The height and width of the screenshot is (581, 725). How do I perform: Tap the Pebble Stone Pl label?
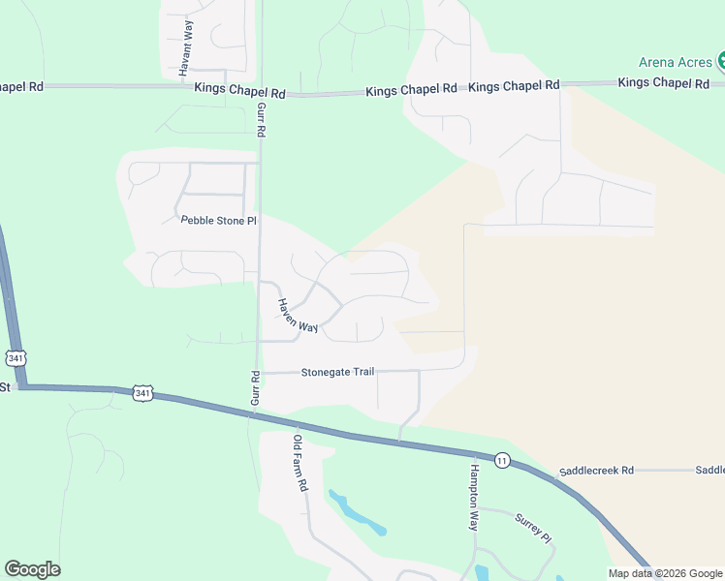tap(219, 220)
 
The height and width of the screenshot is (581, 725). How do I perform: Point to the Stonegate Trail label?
tap(337, 372)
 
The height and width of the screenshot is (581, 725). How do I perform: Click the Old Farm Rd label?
tap(300, 463)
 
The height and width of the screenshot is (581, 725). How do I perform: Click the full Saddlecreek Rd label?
tap(595, 470)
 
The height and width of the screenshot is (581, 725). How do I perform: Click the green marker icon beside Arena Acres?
tap(721, 63)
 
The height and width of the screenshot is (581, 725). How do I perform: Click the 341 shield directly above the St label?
tap(15, 357)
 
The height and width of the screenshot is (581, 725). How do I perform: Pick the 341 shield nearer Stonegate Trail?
tap(142, 393)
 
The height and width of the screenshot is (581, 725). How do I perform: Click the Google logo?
tap(32, 569)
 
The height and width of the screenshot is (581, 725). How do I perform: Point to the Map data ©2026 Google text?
tap(664, 573)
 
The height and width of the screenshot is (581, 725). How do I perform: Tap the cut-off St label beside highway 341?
tap(5, 386)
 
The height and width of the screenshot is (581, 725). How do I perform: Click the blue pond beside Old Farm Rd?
tap(358, 514)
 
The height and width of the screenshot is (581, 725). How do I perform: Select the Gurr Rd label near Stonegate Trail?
tap(255, 388)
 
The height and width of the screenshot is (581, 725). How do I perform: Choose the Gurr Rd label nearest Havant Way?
tap(261, 120)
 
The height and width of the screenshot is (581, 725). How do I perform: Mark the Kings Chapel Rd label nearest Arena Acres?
tap(664, 83)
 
